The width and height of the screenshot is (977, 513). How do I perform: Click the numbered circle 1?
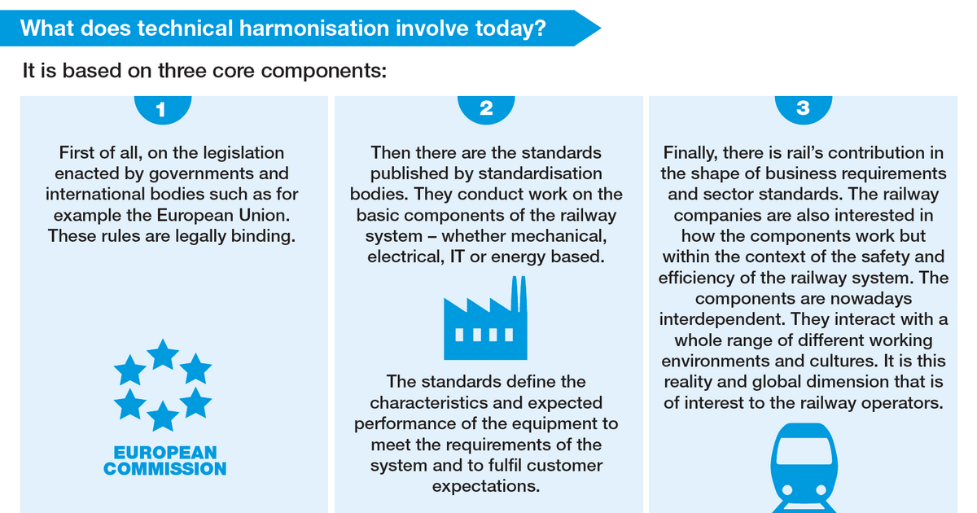click(x=162, y=109)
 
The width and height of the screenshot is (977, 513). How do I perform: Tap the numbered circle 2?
click(x=486, y=109)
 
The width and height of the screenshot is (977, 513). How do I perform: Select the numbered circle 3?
click(x=803, y=109)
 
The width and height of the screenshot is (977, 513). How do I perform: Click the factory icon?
click(x=485, y=318)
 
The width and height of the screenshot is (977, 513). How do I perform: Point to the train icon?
click(x=804, y=468)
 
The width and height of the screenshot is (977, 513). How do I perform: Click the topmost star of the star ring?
click(x=163, y=354)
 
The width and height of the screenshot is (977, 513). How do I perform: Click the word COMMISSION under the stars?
click(x=164, y=469)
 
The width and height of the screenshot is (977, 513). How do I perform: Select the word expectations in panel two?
click(x=486, y=486)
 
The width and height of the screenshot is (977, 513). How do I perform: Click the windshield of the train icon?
click(x=804, y=450)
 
